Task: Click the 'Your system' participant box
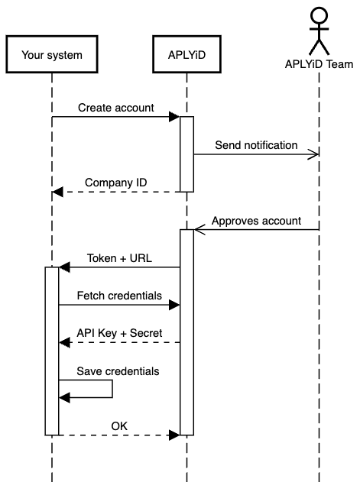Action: tap(52, 54)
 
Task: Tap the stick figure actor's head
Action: tap(318, 15)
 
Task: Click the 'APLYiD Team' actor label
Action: tap(318, 63)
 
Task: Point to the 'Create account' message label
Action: tap(115, 108)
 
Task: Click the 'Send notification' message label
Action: tap(256, 144)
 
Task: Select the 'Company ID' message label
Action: tap(115, 183)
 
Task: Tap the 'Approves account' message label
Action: tap(256, 221)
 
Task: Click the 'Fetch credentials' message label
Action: tap(118, 295)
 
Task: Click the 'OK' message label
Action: tap(119, 425)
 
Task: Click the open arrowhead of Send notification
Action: tap(313, 154)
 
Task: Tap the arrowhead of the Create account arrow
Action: tap(175, 117)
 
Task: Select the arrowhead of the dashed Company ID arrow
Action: tap(57, 192)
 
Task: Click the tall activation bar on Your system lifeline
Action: tap(52, 351)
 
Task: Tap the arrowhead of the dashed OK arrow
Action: tap(175, 435)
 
